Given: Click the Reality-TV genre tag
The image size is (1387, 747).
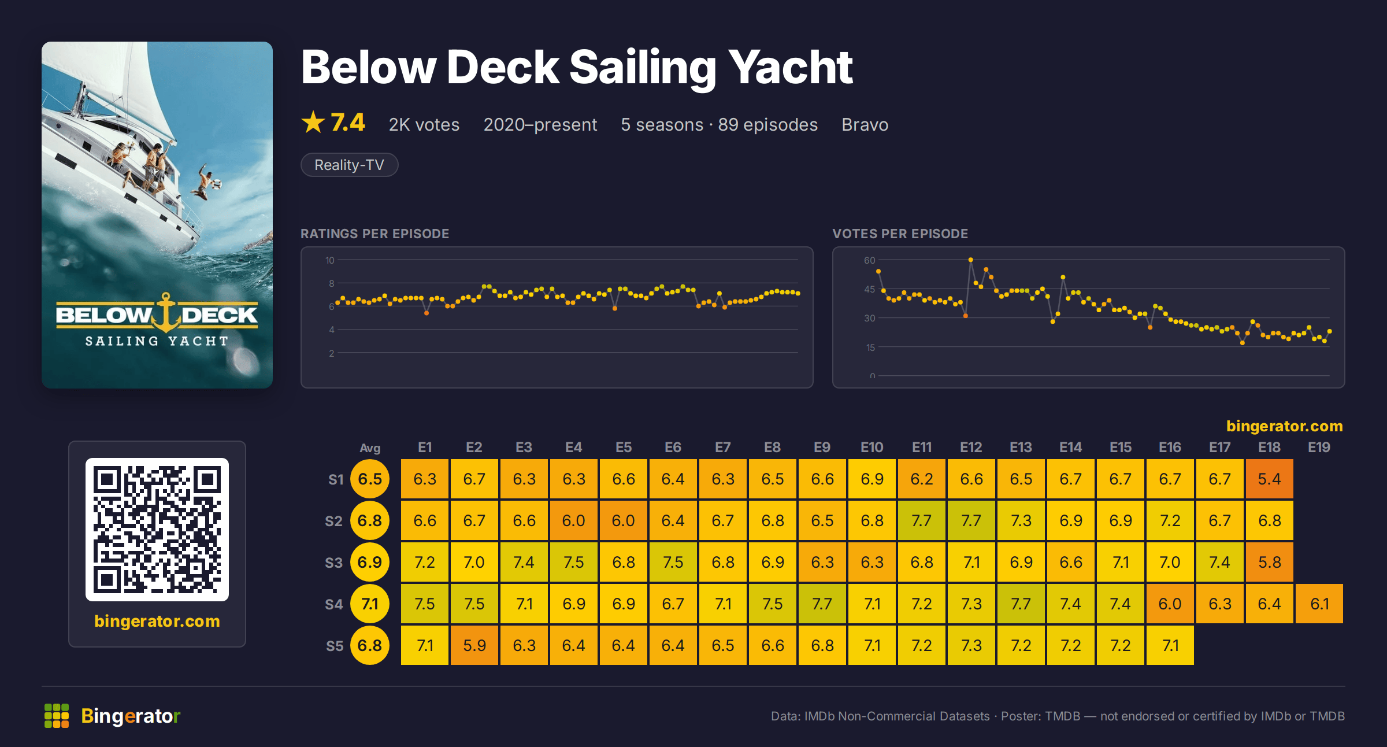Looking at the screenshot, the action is pos(349,165).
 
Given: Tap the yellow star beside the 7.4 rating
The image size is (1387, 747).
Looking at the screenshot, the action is pos(313,122).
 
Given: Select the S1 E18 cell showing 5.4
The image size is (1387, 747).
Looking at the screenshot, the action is pos(1269,479).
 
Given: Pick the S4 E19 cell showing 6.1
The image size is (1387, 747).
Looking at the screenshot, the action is pos(1319,604).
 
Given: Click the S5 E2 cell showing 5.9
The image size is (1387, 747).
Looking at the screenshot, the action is pos(474,645).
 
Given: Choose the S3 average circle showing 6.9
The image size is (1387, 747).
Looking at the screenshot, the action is pos(370,562).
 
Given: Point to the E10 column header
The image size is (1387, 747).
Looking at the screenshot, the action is pos(871,448).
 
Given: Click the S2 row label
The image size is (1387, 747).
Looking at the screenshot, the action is pos(334,521).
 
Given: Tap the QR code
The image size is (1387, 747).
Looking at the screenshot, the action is pos(157,530).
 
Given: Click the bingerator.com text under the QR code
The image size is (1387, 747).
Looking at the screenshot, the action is pos(157,621).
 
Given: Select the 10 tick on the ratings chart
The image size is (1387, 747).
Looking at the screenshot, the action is pos(330,260).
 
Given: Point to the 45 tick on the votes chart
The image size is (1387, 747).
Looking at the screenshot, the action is pos(870,289).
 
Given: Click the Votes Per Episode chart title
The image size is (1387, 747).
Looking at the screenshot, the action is pos(900,234).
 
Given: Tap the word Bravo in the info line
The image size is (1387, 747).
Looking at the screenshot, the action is pos(865,124).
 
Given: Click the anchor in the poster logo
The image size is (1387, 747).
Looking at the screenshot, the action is pos(166,312).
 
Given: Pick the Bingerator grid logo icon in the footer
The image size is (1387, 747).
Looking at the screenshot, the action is pos(57,716).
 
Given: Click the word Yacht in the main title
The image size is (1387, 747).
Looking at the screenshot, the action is pos(791,67).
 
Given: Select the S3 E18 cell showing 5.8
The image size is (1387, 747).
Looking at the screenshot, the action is pos(1269,562).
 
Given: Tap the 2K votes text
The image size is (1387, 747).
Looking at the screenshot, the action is pos(424,124).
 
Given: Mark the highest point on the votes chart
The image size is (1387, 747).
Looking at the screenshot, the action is pos(971,260).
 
